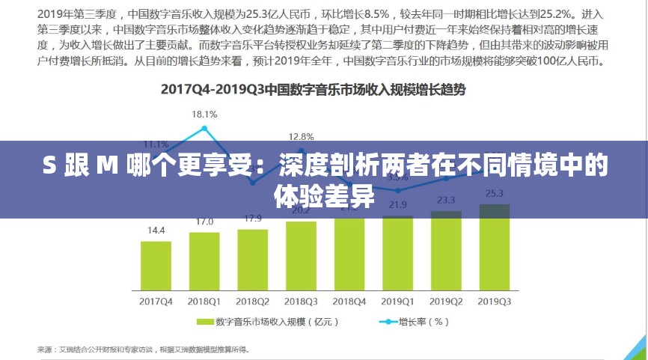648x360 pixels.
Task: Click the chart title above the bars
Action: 314,90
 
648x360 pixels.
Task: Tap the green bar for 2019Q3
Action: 495,251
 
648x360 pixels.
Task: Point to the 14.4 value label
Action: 156,231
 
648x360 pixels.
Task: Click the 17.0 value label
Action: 204,222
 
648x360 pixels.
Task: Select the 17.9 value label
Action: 253,219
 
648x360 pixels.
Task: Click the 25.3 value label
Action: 495,193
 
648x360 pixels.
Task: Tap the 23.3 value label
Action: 446,200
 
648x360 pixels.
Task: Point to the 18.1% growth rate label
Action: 204,115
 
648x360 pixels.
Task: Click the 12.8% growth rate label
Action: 302,137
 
